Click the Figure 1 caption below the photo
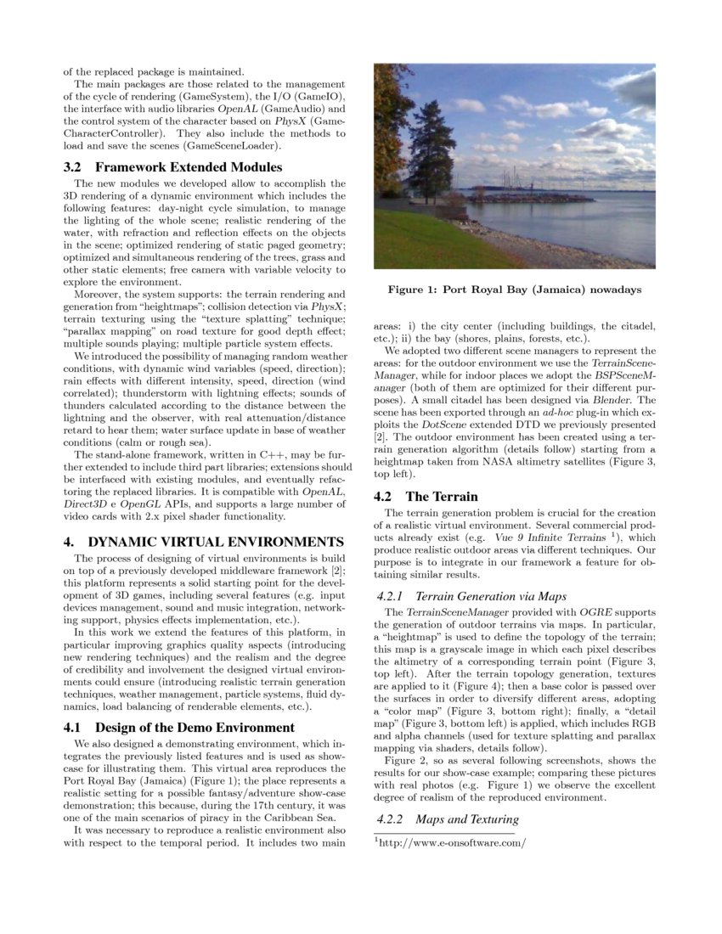point(514,290)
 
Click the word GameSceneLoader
point(228,146)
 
